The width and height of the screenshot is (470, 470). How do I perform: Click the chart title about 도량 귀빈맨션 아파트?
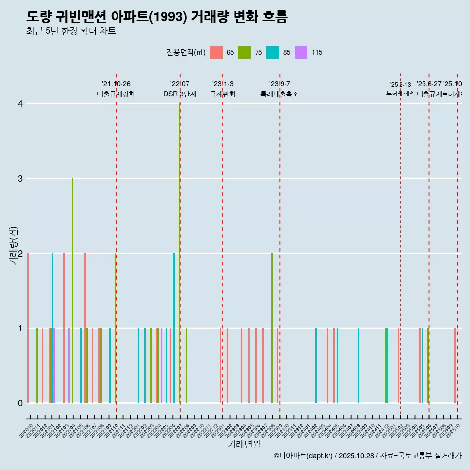click(157, 17)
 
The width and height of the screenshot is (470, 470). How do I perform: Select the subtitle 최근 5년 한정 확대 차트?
click(71, 31)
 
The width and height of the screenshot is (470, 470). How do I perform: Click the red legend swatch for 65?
click(216, 52)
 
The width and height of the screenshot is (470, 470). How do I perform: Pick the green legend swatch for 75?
click(244, 52)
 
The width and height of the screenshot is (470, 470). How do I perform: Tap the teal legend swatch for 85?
click(273, 52)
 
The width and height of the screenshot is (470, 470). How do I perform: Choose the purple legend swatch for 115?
click(301, 52)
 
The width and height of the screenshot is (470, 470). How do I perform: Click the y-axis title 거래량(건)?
click(13, 245)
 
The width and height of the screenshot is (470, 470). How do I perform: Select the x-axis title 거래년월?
click(244, 444)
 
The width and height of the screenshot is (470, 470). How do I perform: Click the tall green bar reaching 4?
click(180, 245)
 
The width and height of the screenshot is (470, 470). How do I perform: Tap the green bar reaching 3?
click(72, 289)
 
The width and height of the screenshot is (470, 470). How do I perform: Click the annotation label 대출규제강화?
click(116, 94)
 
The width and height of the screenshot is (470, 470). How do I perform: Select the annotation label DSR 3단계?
click(180, 94)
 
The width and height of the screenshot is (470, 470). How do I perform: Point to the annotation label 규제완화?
click(223, 94)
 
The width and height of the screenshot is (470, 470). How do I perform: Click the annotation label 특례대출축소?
click(280, 94)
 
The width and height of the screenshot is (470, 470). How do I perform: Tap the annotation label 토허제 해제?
click(400, 93)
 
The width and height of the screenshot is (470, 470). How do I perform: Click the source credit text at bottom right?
click(367, 456)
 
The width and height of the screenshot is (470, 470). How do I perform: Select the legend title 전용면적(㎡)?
click(186, 52)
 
